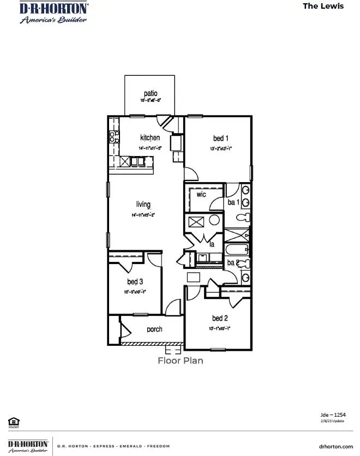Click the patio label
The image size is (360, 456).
151,94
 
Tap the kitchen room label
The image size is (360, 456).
150,137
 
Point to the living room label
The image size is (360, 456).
143,205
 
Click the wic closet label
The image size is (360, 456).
201,194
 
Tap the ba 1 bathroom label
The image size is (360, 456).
233,202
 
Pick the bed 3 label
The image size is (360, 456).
135,281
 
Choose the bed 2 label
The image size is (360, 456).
220,318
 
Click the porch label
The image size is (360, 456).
154,329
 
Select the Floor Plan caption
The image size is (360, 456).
180,361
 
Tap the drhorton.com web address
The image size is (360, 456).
335,446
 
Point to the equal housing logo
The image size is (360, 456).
13,421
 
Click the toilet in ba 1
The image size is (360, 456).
243,218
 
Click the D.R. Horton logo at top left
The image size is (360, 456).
46,12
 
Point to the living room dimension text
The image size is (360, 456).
143,215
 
